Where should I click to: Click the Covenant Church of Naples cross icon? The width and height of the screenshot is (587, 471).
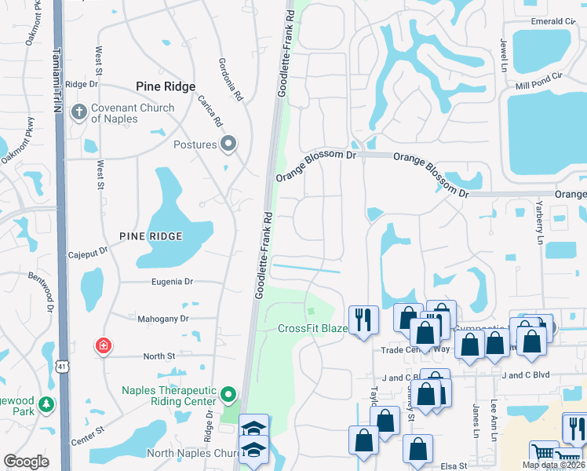78,113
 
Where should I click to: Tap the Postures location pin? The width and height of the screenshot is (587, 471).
228,144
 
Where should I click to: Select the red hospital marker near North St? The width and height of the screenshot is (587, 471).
102,345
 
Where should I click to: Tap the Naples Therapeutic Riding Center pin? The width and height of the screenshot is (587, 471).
228,394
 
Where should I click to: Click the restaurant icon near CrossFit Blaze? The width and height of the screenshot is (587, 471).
363,319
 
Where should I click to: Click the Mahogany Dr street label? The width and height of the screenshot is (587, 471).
162,319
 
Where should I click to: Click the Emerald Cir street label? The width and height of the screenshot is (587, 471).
547,21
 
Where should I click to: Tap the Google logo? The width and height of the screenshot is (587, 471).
27,462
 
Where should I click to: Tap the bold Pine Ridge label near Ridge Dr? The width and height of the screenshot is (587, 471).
165,87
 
